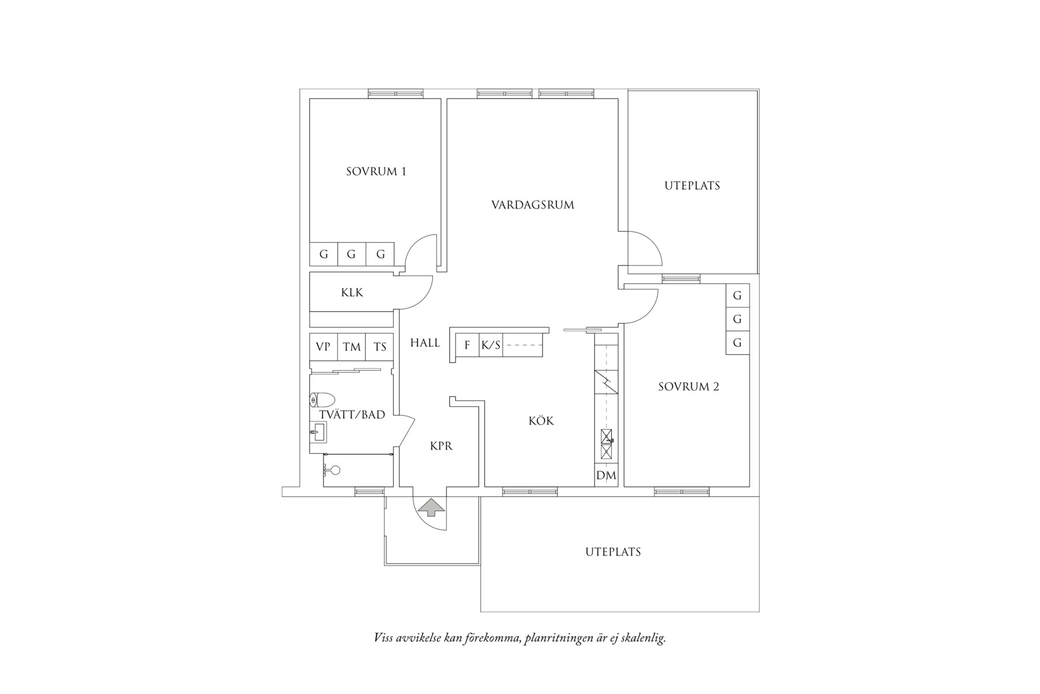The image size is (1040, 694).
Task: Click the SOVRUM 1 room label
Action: [376, 171]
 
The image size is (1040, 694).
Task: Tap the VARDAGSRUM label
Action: [532, 205]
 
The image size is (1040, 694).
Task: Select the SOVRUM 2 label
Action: [688, 386]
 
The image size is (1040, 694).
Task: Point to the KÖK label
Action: [541, 421]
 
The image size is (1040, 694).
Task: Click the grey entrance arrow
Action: [431, 507]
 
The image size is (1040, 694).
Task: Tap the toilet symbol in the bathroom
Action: [322, 400]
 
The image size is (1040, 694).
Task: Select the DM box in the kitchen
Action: [606, 476]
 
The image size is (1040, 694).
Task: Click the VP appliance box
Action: [323, 347]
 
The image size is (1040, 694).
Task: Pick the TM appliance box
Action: [352, 347]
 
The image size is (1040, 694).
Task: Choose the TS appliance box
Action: [380, 347]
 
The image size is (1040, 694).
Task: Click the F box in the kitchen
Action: [467, 345]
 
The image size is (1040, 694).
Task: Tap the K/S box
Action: [491, 345]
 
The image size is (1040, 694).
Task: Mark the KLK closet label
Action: [352, 292]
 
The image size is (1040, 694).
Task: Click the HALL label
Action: [425, 343]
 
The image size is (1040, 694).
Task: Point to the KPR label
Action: [441, 446]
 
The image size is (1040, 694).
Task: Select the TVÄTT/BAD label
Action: [352, 415]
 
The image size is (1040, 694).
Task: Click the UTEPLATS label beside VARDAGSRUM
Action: [692, 186]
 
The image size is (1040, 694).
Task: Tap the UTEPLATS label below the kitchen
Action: [613, 552]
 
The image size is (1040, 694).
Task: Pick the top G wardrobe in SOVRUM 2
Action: [737, 295]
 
